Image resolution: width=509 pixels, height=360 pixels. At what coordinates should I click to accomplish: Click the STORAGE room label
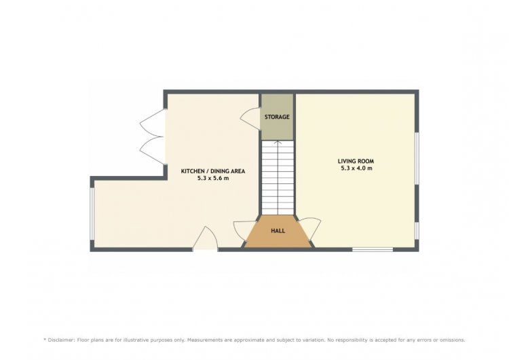coord(277,117)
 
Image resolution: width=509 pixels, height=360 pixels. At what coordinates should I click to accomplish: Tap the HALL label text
coord(278,231)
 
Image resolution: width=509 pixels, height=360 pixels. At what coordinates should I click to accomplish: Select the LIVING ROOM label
coord(356,161)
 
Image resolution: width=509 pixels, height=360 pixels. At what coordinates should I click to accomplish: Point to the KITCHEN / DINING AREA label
coord(213,171)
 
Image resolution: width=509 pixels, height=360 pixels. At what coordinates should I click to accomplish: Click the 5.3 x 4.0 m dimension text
coord(356,168)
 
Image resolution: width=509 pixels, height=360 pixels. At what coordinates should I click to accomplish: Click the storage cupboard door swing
coord(250,119)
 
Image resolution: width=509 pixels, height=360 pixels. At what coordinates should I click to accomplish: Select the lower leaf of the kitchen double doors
coord(153,150)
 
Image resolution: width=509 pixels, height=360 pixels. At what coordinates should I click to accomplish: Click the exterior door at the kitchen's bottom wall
coord(205,238)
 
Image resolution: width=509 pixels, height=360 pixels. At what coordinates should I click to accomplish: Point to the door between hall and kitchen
coord(244,232)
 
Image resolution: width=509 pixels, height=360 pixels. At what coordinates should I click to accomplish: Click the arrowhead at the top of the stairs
coord(278,142)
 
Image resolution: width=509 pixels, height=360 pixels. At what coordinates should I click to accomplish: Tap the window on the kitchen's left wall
coord(92,213)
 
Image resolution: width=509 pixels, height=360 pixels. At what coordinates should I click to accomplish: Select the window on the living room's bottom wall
coord(373,249)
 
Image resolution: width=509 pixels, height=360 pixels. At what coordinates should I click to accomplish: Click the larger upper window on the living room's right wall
coord(417,158)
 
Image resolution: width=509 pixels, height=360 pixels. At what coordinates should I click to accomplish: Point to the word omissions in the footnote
coord(451,340)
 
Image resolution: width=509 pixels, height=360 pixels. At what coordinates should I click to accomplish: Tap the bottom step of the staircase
coord(278,211)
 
